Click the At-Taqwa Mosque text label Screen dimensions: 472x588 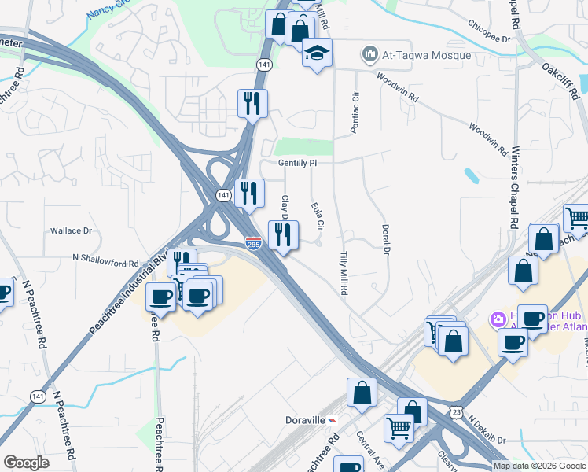pyautogui.click(x=427, y=55)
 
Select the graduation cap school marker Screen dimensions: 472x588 pyautogui.click(x=318, y=53)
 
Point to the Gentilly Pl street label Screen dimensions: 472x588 pyautogui.click(x=296, y=163)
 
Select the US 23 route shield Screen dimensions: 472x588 pyautogui.click(x=457, y=411)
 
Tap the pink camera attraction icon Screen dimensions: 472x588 pyautogui.click(x=498, y=319)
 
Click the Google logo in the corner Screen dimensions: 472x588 pyautogui.click(x=26, y=463)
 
